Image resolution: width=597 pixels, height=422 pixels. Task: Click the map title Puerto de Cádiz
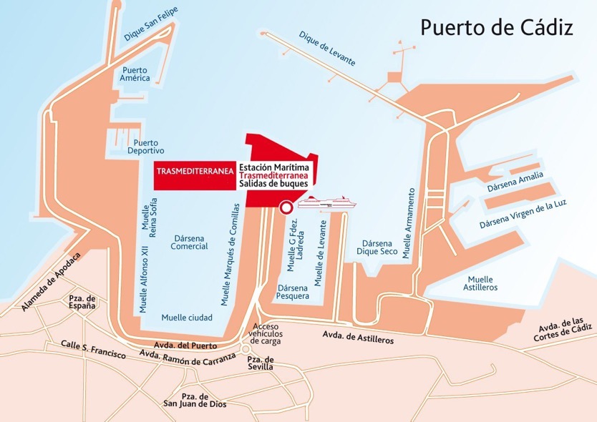(x=496, y=28)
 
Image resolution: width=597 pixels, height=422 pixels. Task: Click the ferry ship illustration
(x=326, y=203)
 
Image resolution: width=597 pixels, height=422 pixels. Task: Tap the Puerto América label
(x=136, y=74)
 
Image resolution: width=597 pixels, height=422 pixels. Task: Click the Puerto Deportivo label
(x=145, y=146)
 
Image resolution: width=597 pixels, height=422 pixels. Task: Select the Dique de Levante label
(x=327, y=49)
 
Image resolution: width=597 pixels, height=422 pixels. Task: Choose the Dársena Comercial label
(x=189, y=242)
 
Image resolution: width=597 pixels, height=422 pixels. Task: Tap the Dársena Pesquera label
(x=293, y=291)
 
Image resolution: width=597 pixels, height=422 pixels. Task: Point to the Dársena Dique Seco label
(x=377, y=247)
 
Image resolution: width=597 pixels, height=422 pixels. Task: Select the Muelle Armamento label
(x=408, y=222)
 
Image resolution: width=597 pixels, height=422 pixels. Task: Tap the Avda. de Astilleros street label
(x=358, y=337)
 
